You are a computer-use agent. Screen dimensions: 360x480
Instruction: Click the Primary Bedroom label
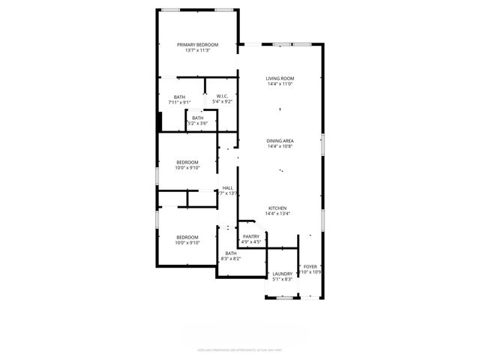click(x=197, y=45)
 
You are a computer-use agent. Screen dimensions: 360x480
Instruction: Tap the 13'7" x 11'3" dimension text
click(x=197, y=51)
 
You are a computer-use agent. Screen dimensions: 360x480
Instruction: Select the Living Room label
click(x=280, y=79)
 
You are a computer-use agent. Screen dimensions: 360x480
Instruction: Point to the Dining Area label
click(x=280, y=140)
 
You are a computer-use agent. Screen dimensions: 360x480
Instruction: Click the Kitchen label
click(x=278, y=208)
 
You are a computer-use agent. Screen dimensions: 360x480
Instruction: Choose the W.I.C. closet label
click(x=222, y=96)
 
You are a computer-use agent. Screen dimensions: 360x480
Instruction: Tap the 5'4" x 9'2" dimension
click(x=222, y=102)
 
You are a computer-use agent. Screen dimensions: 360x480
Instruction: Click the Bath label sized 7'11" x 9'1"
click(x=179, y=97)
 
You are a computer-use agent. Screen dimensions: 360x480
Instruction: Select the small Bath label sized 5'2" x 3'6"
click(x=197, y=118)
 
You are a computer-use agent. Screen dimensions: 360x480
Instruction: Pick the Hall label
click(x=227, y=188)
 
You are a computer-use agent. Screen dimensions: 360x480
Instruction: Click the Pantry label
click(x=251, y=236)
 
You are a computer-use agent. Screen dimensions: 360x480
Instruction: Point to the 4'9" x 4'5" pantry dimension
click(x=251, y=242)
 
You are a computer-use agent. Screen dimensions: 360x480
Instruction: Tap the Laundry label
click(x=282, y=274)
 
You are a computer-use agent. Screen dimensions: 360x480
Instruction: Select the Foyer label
click(x=310, y=266)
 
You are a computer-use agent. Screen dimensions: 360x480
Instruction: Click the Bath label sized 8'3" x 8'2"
click(x=230, y=253)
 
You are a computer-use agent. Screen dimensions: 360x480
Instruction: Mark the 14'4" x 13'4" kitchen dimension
click(x=278, y=214)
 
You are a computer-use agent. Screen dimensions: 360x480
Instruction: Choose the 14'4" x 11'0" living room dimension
click(x=280, y=85)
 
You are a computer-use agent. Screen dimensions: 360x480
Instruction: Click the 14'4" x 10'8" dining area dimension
click(x=280, y=146)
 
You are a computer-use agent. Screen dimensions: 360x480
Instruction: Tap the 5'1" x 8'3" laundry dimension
click(x=282, y=280)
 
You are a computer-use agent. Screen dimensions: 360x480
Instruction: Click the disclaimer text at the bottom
click(x=239, y=349)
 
